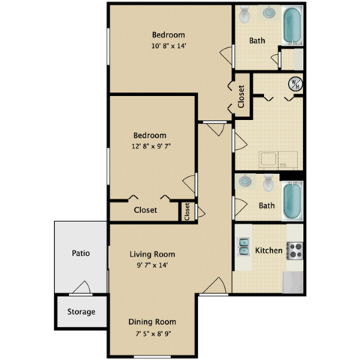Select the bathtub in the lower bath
pos(292,199)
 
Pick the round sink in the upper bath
pos(267,13)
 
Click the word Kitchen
pos(268,250)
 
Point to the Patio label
pos(81,253)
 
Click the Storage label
pos(82,311)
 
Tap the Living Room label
pos(157,254)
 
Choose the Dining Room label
pos(157,322)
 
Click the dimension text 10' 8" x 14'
pos(168,46)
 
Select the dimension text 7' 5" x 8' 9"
pos(156,334)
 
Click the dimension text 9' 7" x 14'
pos(156,265)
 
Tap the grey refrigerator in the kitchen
pos(293,281)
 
